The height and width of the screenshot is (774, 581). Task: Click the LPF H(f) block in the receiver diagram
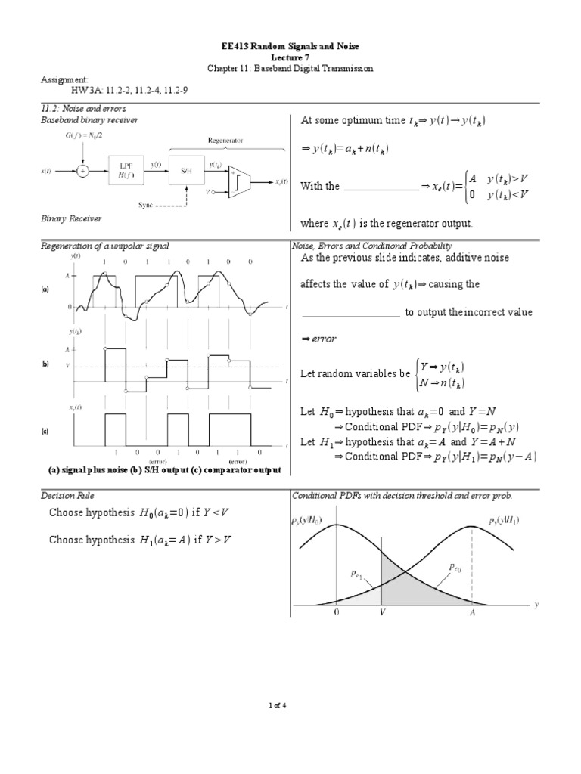[124, 172]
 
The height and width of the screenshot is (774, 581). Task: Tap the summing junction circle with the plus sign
[82, 172]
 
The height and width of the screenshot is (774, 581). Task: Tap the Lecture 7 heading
[290, 57]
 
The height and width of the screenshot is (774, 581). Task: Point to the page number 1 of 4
[290, 705]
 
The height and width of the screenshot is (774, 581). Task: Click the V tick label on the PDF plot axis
[383, 615]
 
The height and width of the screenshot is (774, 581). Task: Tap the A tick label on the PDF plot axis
[473, 615]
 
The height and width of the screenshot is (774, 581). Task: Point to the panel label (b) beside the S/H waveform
[45, 364]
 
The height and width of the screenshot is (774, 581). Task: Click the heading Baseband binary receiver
[89, 120]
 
